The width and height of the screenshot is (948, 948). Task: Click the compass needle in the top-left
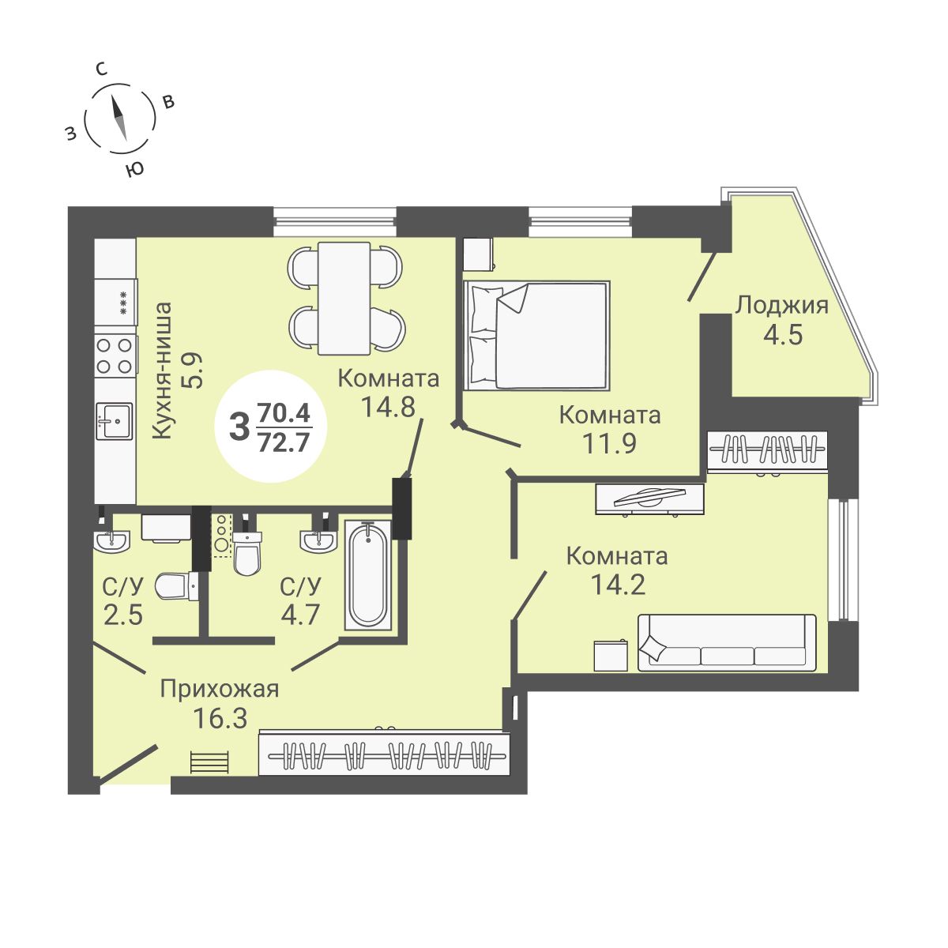point(118,117)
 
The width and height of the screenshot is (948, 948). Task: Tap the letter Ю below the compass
point(135,168)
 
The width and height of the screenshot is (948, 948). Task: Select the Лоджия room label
point(781,305)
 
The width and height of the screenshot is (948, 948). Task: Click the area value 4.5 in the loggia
point(782,334)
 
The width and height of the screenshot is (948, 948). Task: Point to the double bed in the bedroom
point(537,335)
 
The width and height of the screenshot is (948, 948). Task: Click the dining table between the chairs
point(344,298)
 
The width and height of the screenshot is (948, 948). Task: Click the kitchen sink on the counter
point(114,419)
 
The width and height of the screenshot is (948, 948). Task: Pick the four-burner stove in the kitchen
point(114,355)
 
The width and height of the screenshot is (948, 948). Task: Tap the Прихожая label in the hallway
point(219,689)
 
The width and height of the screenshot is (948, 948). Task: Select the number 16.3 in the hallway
point(220,718)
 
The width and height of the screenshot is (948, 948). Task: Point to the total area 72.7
point(284,442)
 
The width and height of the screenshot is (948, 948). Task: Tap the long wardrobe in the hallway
point(385,754)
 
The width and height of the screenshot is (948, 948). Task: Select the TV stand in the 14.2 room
point(649,498)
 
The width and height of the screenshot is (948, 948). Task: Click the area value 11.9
point(609,443)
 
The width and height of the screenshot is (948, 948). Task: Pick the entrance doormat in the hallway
point(209,762)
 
